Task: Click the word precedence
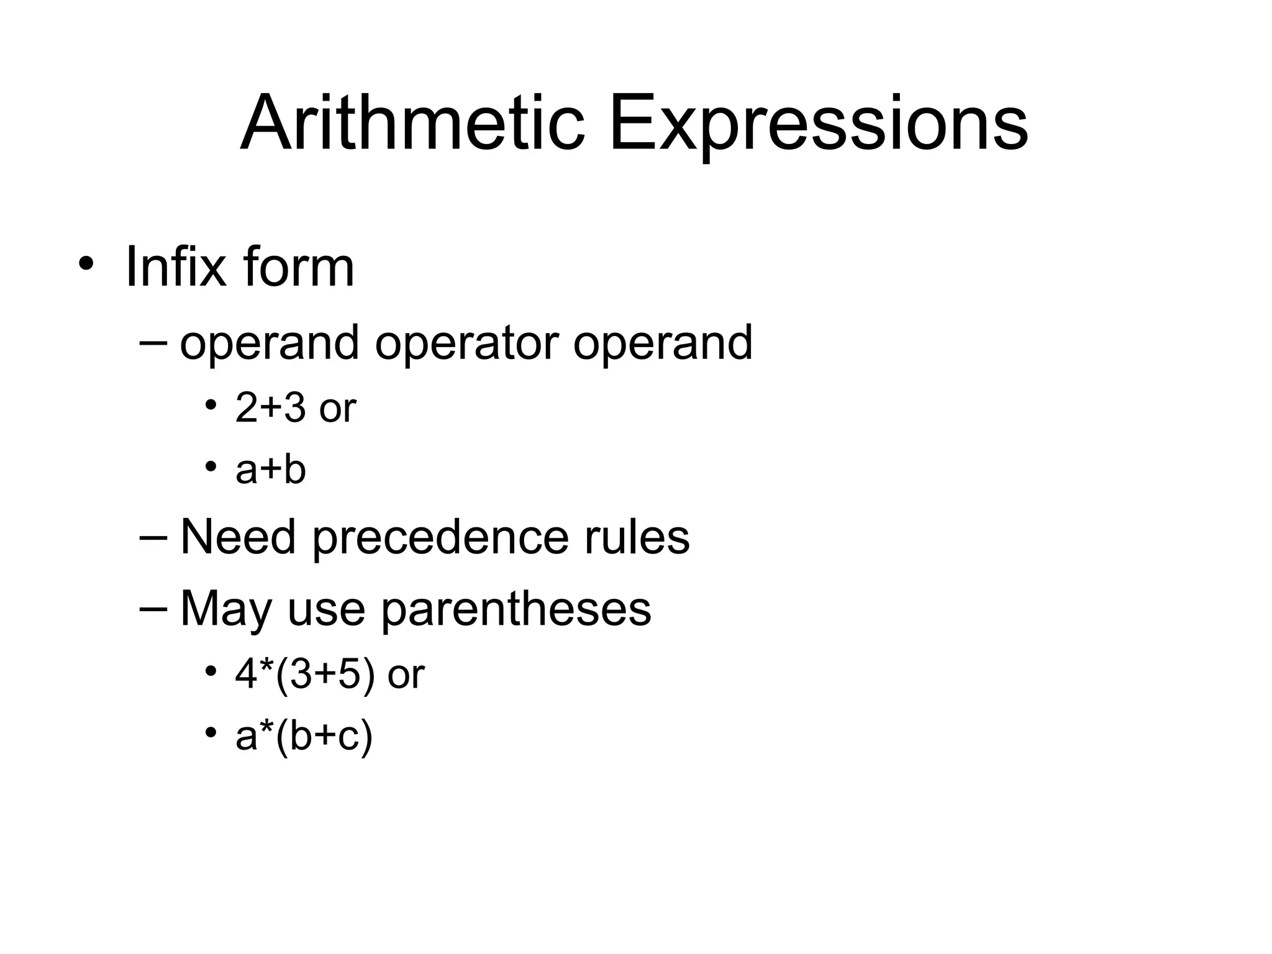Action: coord(440,537)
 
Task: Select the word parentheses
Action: coord(516,609)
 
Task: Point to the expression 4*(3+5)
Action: coord(305,674)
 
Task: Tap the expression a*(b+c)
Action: coord(304,737)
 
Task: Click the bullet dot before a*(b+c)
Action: coord(211,732)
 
